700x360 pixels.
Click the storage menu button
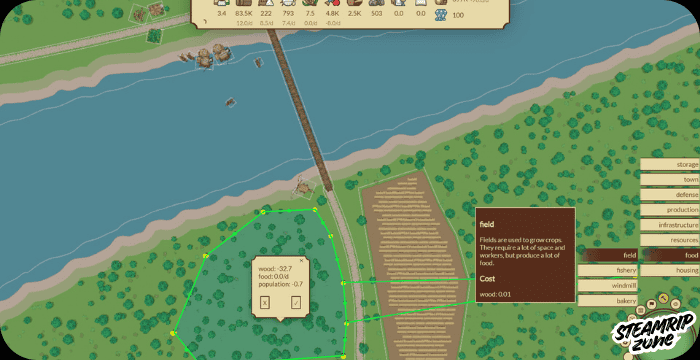(669, 164)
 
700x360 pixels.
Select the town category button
(669, 180)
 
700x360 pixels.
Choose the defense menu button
(669, 195)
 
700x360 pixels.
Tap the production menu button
(669, 210)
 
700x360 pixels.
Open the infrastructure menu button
(669, 225)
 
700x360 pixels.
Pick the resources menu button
(669, 240)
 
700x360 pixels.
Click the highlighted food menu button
(669, 256)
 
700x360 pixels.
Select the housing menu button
(669, 271)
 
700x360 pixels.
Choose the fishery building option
(608, 271)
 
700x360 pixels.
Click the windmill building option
(608, 286)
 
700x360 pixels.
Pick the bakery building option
(608, 301)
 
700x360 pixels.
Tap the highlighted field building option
(608, 256)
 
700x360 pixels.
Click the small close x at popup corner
(302, 260)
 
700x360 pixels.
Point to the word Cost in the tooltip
(487, 278)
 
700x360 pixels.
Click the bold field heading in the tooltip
(487, 225)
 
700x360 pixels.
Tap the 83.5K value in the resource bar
(243, 13)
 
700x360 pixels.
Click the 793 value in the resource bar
(289, 13)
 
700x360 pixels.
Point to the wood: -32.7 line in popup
(274, 269)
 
